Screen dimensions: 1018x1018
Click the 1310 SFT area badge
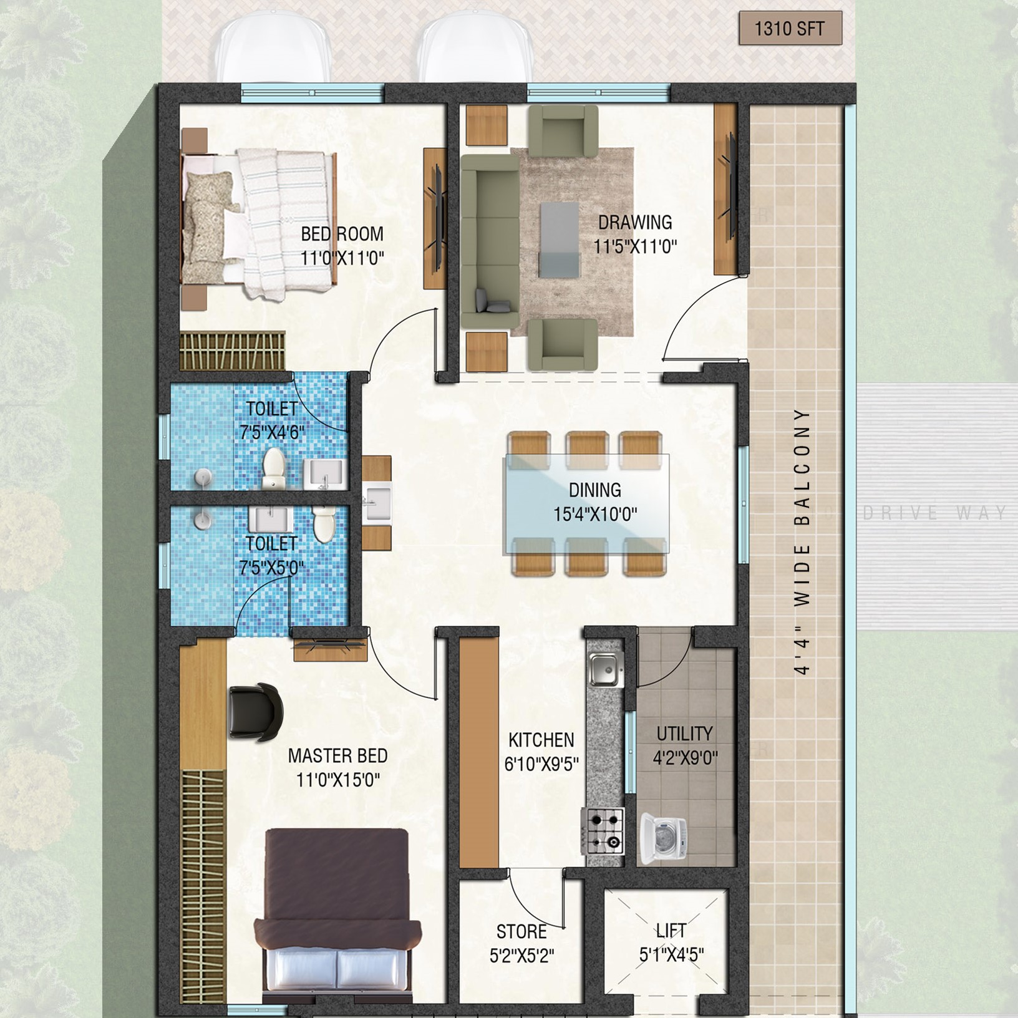790,29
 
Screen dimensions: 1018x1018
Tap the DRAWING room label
635,222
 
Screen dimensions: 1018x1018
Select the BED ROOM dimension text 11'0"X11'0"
342,258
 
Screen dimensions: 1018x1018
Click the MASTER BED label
337,756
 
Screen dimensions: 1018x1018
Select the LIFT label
671,931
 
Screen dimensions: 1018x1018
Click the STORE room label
521,932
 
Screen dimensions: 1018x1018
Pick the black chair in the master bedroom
256,712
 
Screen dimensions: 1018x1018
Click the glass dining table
586,505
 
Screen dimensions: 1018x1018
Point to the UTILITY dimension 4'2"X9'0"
685,758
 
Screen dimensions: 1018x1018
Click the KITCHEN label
541,740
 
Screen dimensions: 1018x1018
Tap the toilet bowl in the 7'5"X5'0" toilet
324,525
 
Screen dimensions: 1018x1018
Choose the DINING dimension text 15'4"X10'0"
595,515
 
